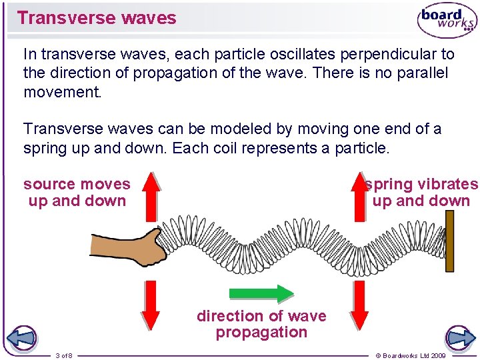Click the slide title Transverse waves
pos(97,18)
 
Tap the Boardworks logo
pos(446,21)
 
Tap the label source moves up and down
pos(77,192)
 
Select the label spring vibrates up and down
pos(421,192)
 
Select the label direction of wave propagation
pos(261,324)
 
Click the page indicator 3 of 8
pos(65,355)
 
